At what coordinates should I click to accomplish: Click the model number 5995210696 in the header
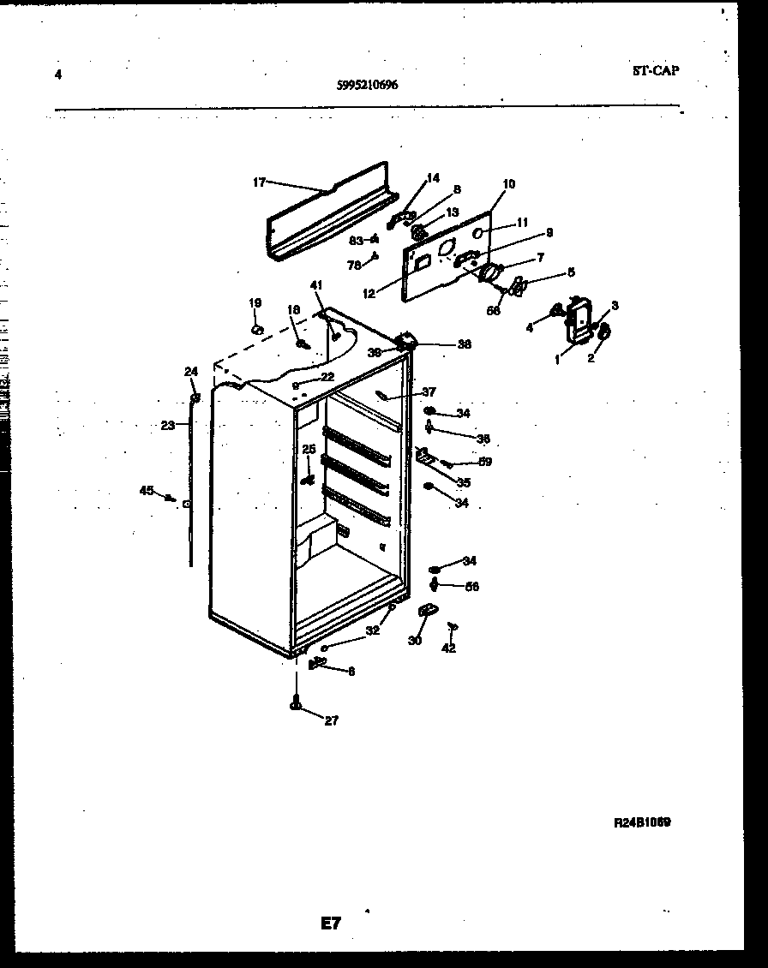pyautogui.click(x=367, y=85)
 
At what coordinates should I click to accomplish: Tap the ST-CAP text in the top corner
pyautogui.click(x=656, y=71)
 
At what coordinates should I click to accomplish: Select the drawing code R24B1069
pyautogui.click(x=642, y=822)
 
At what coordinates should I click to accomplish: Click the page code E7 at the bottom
pyautogui.click(x=331, y=923)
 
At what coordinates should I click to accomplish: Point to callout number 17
pyautogui.click(x=260, y=182)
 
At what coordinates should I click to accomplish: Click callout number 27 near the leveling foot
pyautogui.click(x=331, y=720)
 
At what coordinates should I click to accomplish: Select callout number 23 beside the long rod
pyautogui.click(x=168, y=424)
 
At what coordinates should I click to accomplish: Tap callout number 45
pyautogui.click(x=147, y=490)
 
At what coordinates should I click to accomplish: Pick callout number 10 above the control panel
pyautogui.click(x=509, y=184)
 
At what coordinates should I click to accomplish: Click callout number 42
pyautogui.click(x=449, y=648)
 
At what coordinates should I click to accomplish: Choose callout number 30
pyautogui.click(x=415, y=640)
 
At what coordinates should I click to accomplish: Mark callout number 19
pyautogui.click(x=255, y=303)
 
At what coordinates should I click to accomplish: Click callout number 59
pyautogui.click(x=485, y=463)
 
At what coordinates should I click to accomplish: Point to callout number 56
pyautogui.click(x=471, y=587)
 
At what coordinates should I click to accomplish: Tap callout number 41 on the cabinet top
pyautogui.click(x=316, y=285)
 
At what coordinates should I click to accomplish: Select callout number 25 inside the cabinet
pyautogui.click(x=309, y=449)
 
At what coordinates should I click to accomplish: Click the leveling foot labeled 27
pyautogui.click(x=296, y=704)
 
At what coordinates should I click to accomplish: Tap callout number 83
pyautogui.click(x=355, y=241)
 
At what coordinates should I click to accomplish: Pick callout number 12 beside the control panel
pyautogui.click(x=369, y=294)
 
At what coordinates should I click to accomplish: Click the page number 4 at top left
pyautogui.click(x=57, y=75)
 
